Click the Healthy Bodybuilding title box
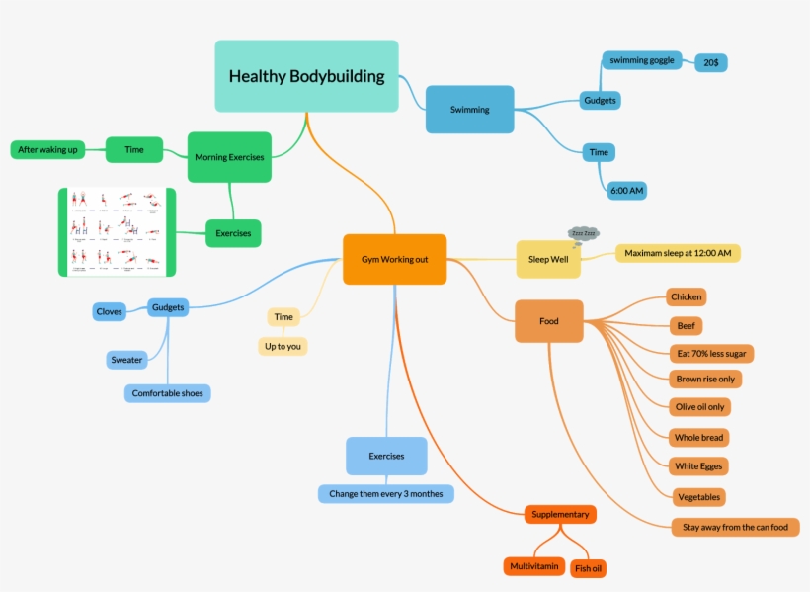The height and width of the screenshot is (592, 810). click(306, 76)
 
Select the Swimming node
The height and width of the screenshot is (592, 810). click(469, 110)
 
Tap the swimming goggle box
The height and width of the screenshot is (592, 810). click(642, 60)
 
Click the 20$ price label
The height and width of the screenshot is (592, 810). click(711, 62)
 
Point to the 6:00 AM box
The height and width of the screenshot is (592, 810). click(626, 190)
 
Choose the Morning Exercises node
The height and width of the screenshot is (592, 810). click(229, 157)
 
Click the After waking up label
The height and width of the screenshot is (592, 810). click(47, 150)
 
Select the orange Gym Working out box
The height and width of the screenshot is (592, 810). click(394, 259)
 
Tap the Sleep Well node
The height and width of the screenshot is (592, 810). click(548, 259)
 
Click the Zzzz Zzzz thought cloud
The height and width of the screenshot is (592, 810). click(583, 234)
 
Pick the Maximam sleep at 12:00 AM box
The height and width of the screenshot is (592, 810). click(678, 253)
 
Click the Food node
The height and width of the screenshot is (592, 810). click(548, 321)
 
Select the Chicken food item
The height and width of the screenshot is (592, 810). click(686, 296)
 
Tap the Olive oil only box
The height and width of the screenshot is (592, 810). click(700, 406)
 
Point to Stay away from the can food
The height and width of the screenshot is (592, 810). click(735, 527)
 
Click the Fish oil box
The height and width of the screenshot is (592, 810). click(588, 568)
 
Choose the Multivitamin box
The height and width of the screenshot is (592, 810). click(534, 566)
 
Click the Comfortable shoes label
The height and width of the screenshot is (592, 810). click(168, 393)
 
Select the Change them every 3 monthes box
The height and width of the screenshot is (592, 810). click(386, 493)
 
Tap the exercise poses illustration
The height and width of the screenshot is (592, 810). click(116, 232)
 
